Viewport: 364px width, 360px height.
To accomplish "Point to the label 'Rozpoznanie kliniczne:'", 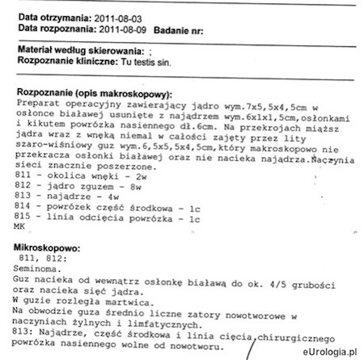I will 68,61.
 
